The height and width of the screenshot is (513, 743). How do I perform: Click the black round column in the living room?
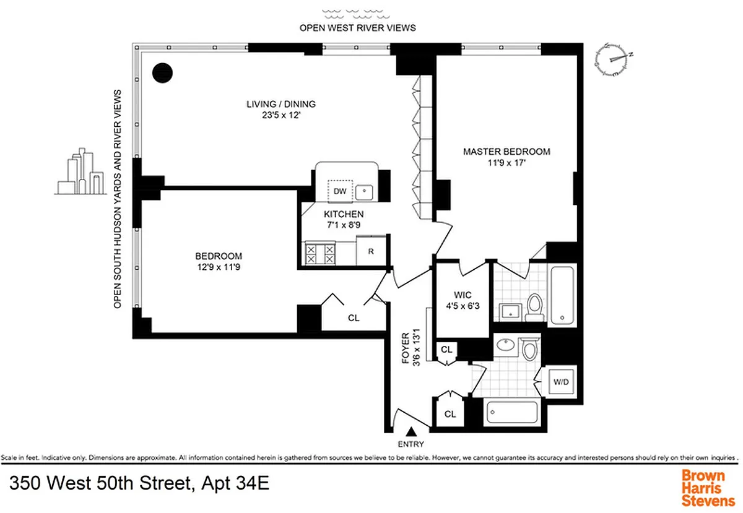(x=163, y=72)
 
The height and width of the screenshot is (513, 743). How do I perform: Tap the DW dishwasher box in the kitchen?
(x=340, y=191)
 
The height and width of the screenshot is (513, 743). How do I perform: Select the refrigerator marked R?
(x=371, y=251)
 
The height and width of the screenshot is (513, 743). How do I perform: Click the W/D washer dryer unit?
(x=560, y=381)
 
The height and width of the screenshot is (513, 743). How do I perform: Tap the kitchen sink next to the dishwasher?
(x=366, y=192)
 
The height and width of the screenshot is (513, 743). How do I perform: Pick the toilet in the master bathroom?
(x=534, y=305)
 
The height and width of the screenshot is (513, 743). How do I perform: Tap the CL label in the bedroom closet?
(x=353, y=318)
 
